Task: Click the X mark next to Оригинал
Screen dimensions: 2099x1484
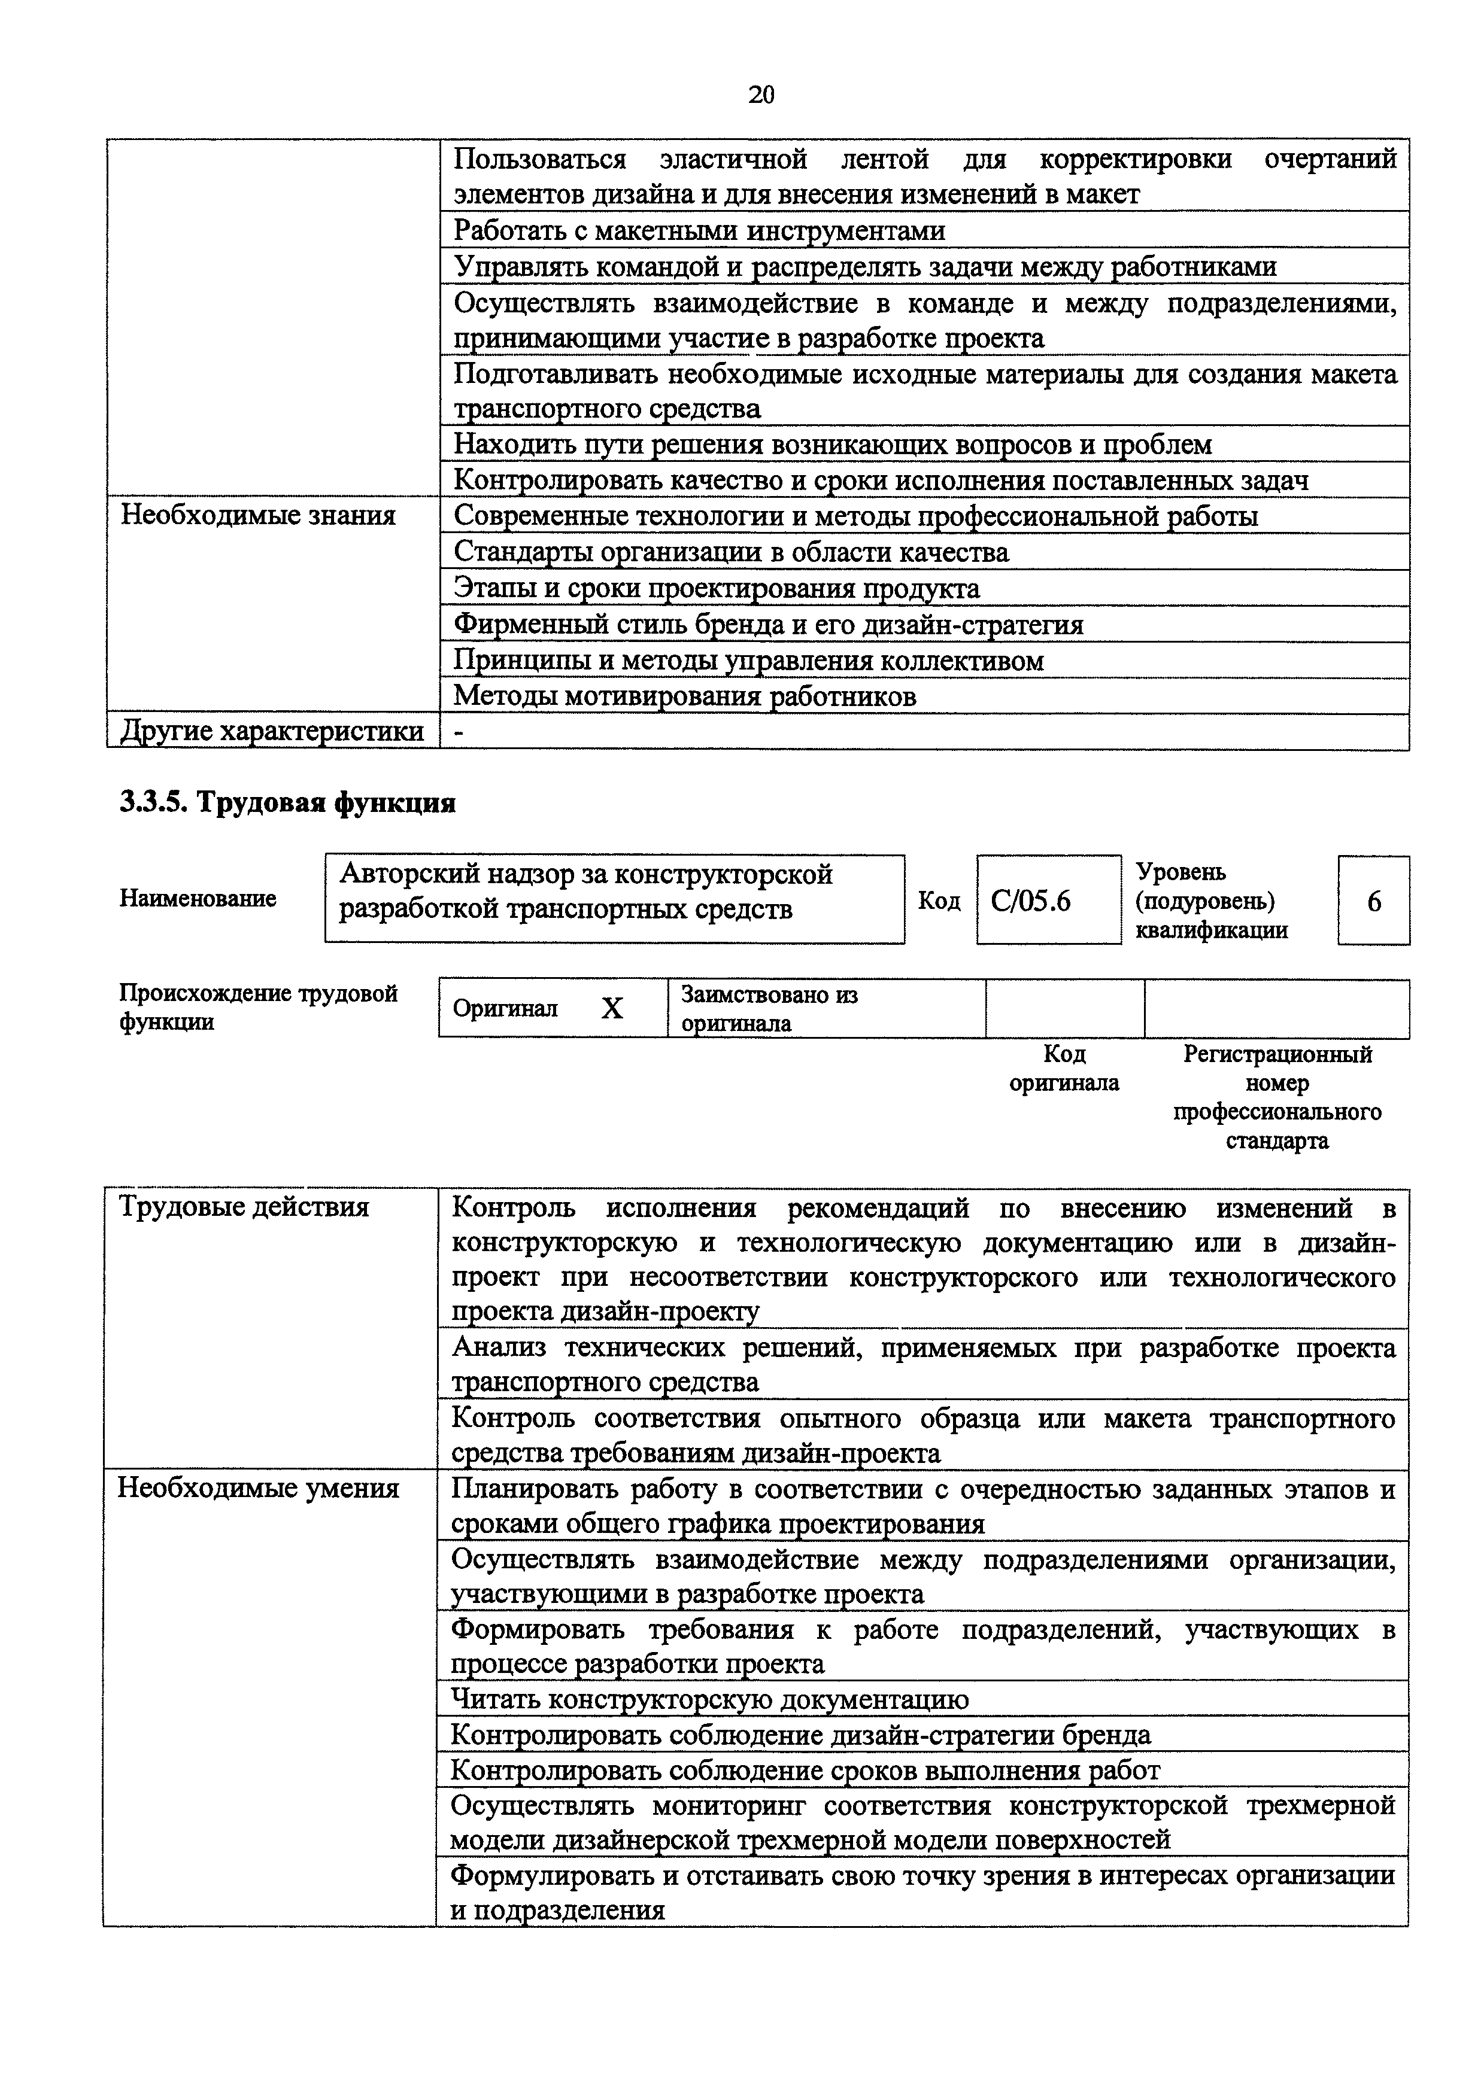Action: [612, 1008]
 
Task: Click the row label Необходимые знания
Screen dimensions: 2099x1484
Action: [259, 516]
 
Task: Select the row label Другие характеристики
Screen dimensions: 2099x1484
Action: [272, 731]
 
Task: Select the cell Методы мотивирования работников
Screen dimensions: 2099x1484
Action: [685, 696]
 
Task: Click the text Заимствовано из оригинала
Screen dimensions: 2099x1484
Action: [769, 1008]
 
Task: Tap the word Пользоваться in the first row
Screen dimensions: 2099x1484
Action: [539, 159]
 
